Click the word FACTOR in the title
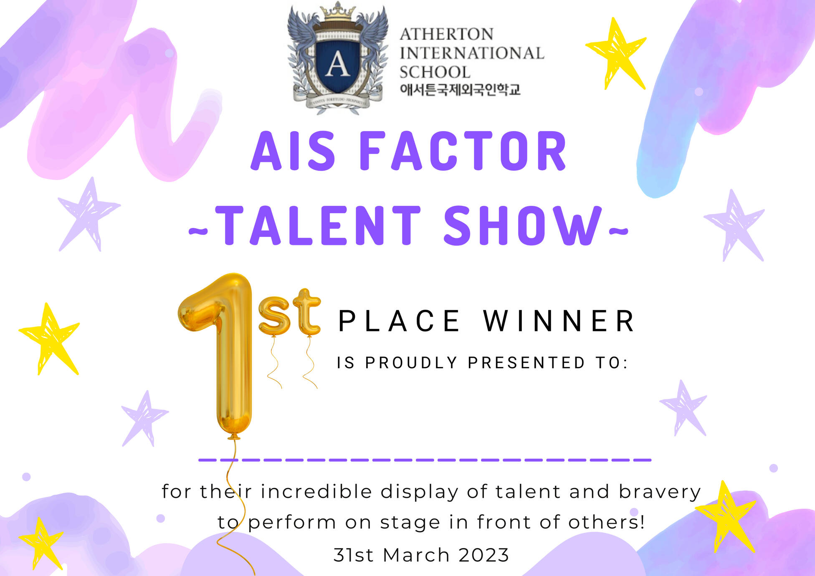463,151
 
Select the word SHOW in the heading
523,225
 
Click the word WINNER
559,321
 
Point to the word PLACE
399,321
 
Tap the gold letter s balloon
274,316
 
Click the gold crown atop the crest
337,13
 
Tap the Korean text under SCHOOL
460,89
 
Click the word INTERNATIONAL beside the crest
472,53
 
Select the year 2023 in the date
484,555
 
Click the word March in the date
416,555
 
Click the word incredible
316,491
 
